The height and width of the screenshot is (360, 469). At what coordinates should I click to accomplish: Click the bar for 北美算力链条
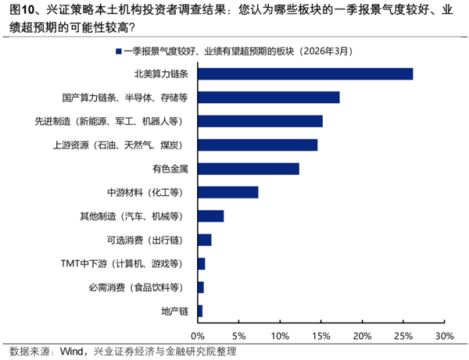point(306,74)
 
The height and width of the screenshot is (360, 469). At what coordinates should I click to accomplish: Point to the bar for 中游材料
point(228,192)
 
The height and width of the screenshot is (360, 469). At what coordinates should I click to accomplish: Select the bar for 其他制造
point(211,216)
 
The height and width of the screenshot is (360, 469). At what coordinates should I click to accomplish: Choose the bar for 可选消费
point(205,240)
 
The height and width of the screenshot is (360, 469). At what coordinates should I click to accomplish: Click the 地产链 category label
point(175,312)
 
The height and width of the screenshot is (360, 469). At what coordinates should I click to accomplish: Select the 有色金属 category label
point(171,169)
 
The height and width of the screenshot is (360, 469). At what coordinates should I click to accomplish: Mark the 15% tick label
point(321,336)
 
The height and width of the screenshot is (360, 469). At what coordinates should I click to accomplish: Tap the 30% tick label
point(443,336)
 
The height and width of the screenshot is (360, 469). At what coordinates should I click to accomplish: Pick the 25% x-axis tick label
point(403,336)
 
